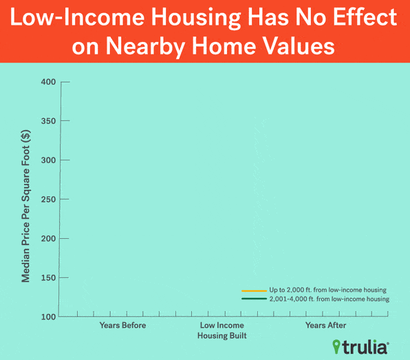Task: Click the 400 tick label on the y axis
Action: point(48,82)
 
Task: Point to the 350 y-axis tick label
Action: point(48,121)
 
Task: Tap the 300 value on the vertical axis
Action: point(48,160)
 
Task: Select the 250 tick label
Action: point(48,200)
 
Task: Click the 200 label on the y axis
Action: point(48,239)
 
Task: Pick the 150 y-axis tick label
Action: point(48,278)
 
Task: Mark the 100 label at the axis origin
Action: point(48,317)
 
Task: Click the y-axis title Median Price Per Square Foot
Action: point(26,207)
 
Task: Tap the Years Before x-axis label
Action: point(122,325)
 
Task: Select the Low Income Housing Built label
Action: point(222,330)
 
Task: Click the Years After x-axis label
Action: point(325,325)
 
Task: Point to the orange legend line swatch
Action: point(254,290)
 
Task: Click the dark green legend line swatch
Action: point(254,299)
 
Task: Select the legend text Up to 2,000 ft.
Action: point(290,290)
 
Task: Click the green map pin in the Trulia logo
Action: point(336,347)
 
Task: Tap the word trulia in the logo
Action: point(365,348)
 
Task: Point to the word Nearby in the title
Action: point(146,46)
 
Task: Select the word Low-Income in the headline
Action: point(77,17)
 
